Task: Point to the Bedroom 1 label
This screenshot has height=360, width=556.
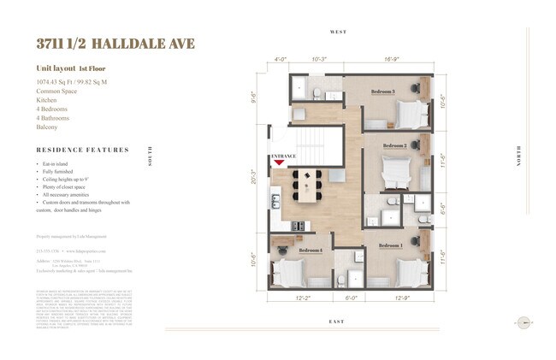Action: pyautogui.click(x=389, y=246)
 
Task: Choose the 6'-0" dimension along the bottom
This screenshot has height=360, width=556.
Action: pyautogui.click(x=350, y=298)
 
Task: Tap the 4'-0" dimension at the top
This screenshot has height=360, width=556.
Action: pyautogui.click(x=279, y=60)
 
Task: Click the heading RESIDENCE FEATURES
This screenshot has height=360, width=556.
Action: pyautogui.click(x=83, y=150)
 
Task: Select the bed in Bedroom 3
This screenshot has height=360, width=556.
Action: pyautogui.click(x=411, y=112)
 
